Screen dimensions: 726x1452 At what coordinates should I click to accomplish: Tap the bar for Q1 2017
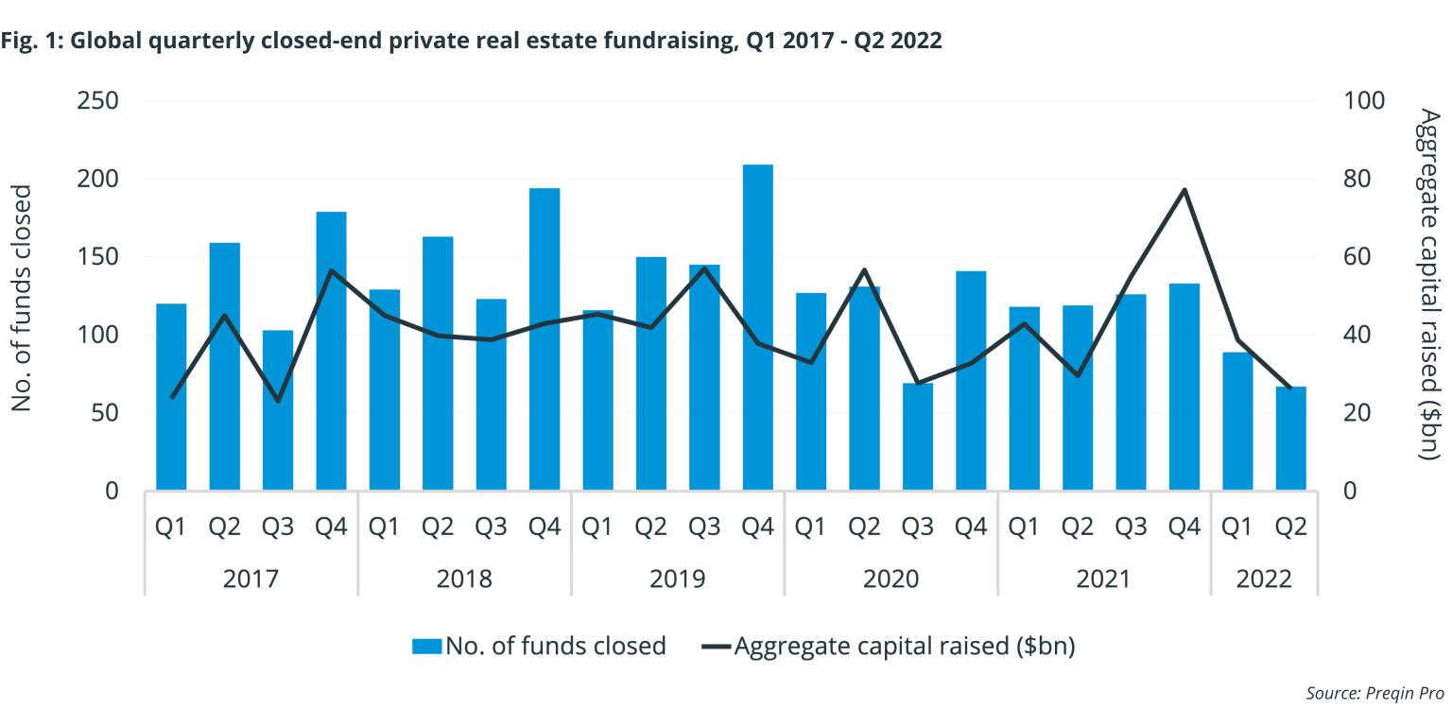pyautogui.click(x=171, y=397)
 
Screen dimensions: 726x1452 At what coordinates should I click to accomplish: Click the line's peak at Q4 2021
pyautogui.click(x=1184, y=190)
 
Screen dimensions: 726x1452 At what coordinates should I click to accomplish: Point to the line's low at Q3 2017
pyautogui.click(x=278, y=401)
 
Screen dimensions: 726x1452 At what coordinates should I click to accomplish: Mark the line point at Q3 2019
pyautogui.click(x=704, y=268)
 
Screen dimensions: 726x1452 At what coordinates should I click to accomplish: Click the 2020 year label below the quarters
pyautogui.click(x=890, y=578)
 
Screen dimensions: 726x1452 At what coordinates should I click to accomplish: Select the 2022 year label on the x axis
pyautogui.click(x=1264, y=578)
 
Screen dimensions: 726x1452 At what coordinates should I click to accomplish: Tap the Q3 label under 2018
pyautogui.click(x=491, y=527)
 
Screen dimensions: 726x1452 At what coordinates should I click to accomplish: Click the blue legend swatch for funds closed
pyautogui.click(x=426, y=647)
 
